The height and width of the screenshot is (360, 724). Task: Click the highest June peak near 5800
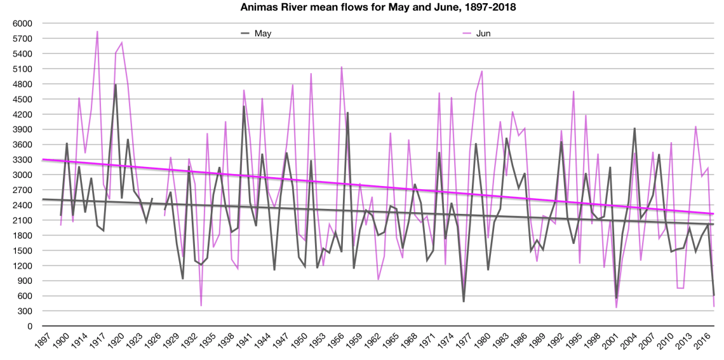(x=97, y=31)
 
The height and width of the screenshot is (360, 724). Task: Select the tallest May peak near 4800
(x=116, y=84)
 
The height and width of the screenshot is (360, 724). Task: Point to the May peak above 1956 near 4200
(x=347, y=112)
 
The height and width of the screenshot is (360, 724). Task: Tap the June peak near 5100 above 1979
(x=482, y=70)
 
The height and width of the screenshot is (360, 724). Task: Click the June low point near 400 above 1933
(x=201, y=306)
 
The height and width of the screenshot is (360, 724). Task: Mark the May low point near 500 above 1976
(x=464, y=302)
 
